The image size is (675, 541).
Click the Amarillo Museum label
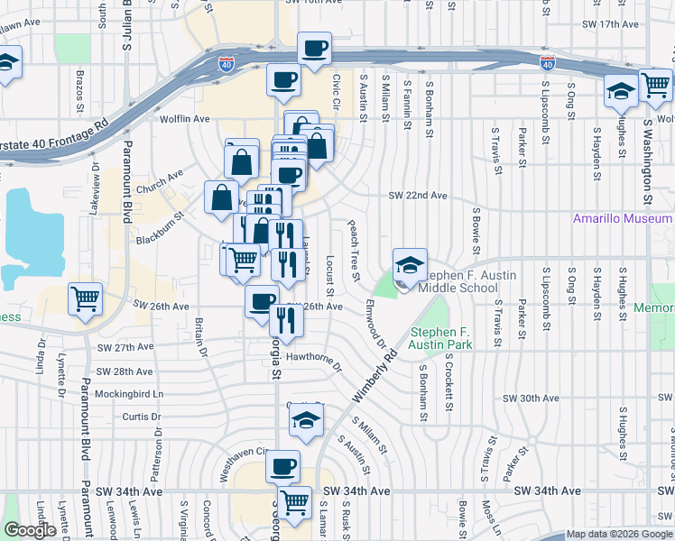[x=623, y=219]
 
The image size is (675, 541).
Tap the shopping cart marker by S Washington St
[x=656, y=87]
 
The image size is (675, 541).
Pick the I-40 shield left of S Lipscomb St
[x=547, y=63]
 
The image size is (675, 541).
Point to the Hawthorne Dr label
[x=314, y=361]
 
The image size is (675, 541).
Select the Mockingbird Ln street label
[x=130, y=394]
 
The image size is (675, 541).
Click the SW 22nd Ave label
[x=418, y=196]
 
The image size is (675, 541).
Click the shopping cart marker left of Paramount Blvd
[x=85, y=298]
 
